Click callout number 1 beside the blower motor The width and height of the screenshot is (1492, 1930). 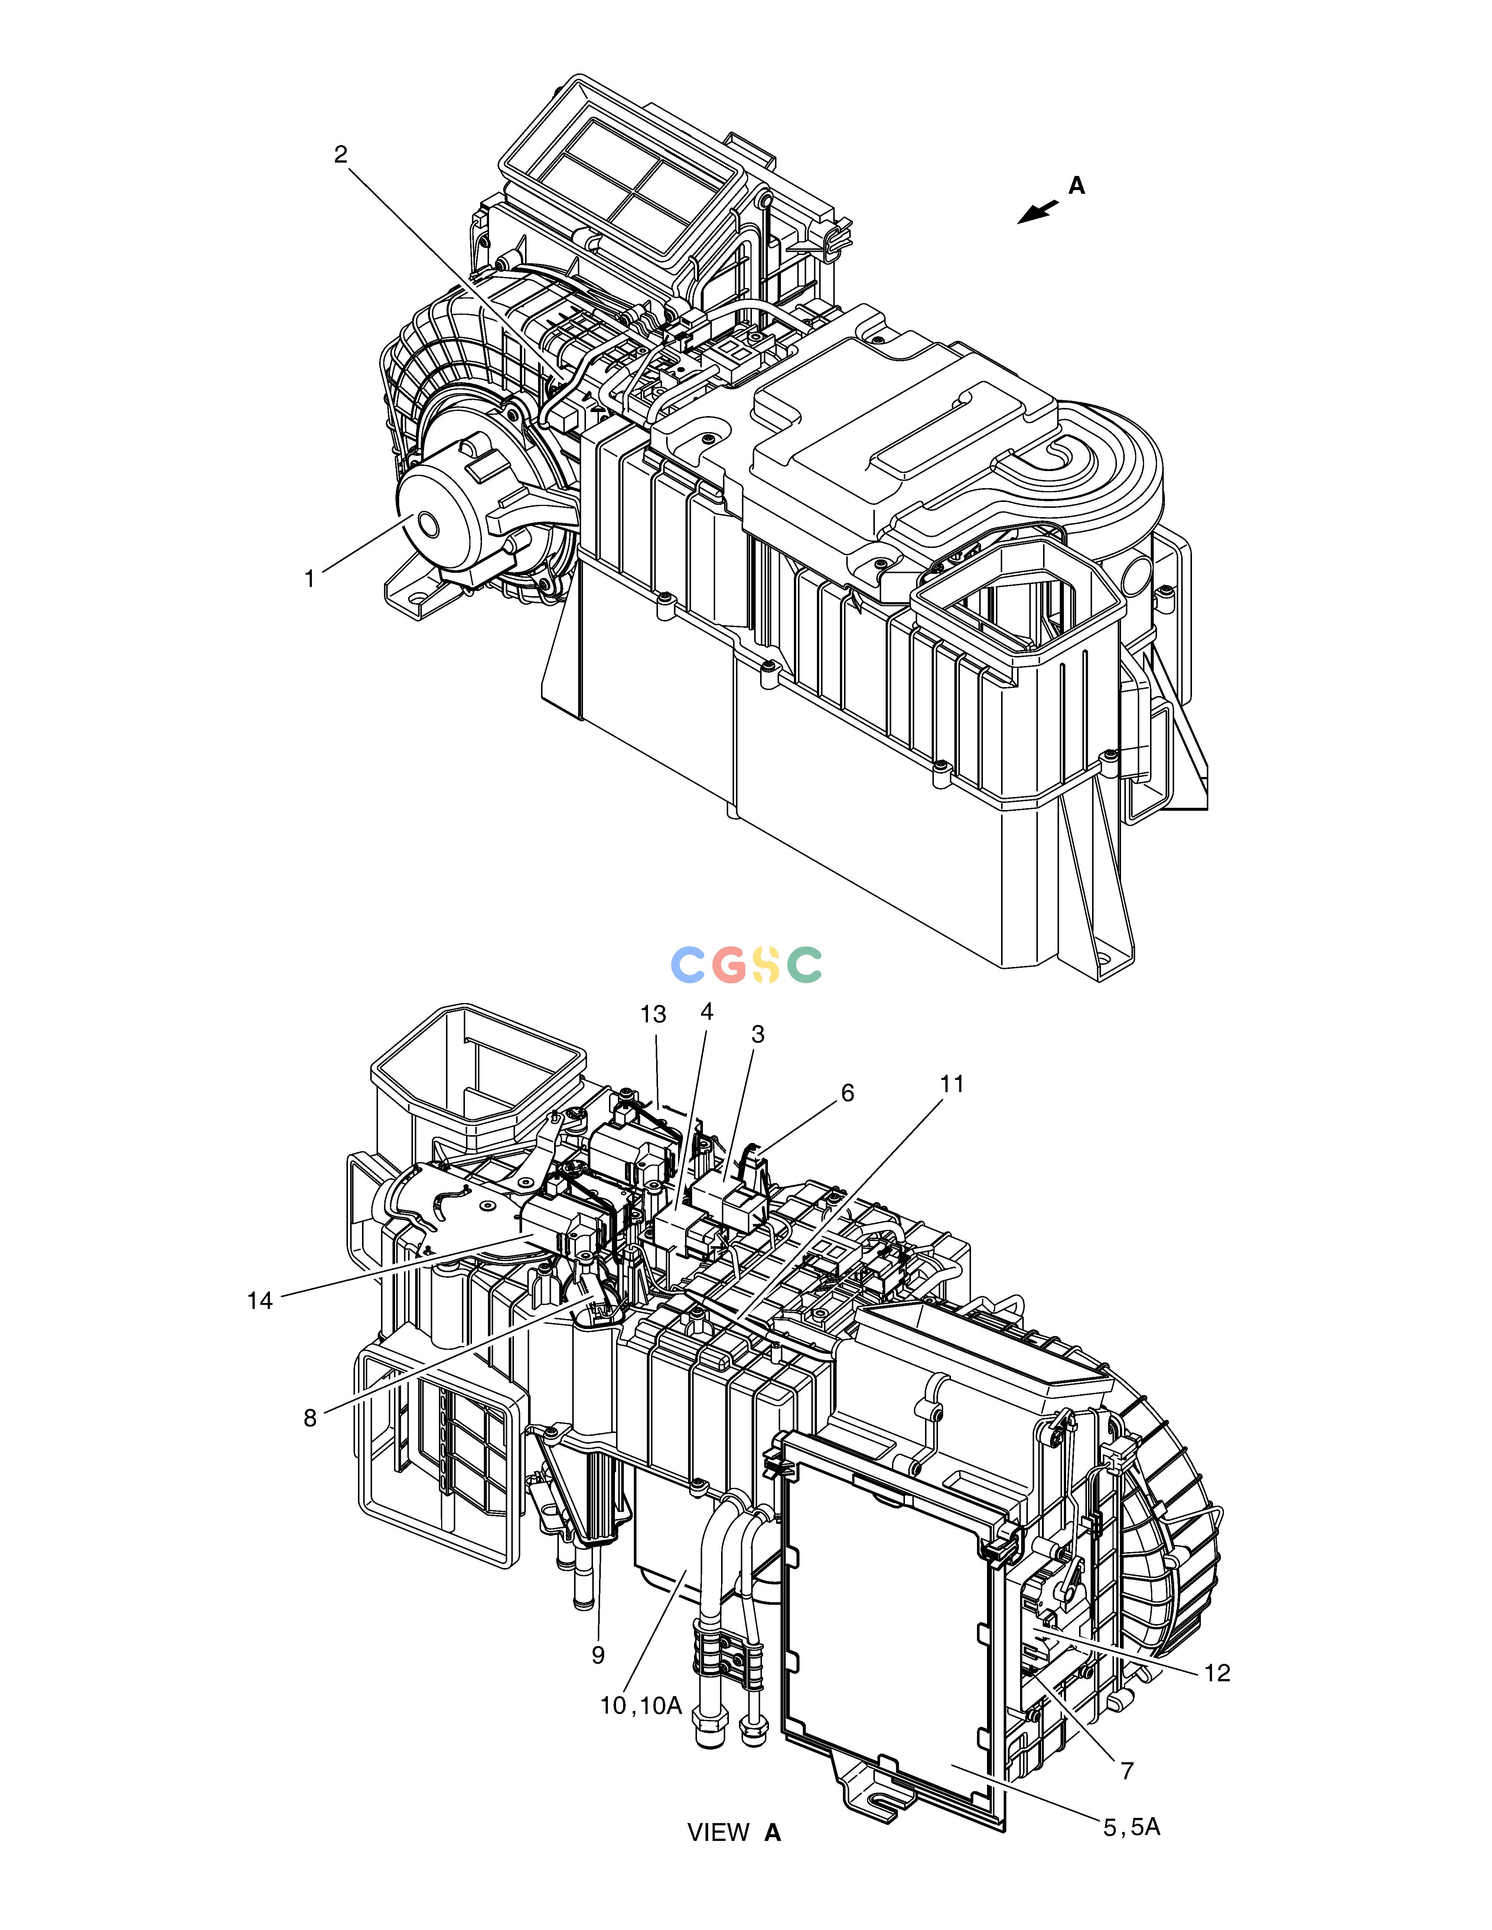[309, 579]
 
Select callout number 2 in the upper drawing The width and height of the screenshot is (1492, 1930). [341, 155]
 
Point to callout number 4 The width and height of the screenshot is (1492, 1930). [706, 1011]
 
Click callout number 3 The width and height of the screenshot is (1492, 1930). [758, 1034]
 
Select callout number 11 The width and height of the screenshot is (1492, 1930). [952, 1083]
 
